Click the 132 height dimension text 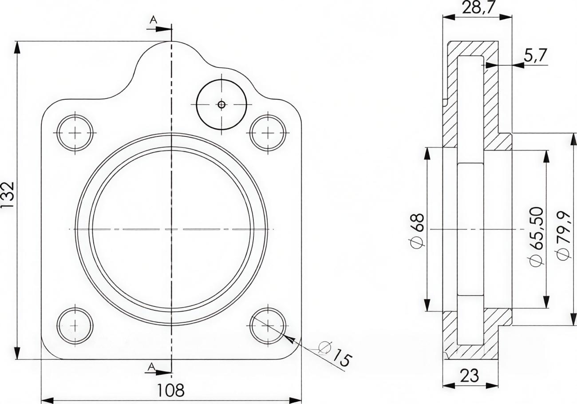(8, 194)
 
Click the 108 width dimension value (171, 390)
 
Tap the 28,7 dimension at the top (479, 8)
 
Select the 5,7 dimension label (535, 55)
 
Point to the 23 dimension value (470, 376)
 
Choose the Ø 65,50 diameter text (537, 236)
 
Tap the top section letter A (153, 20)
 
